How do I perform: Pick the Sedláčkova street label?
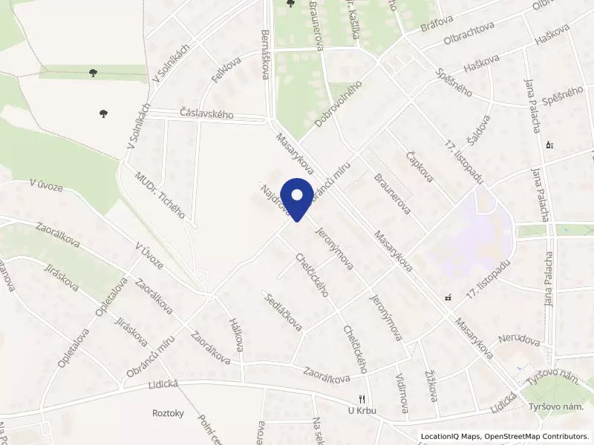[283, 311]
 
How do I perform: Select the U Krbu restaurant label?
[362, 411]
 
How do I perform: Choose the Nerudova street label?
[518, 341]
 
